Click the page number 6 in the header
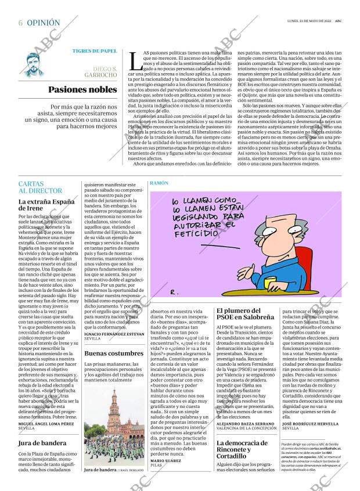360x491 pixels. (x=20, y=23)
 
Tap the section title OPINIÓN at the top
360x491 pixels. (x=44, y=23)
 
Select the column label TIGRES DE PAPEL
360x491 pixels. (x=94, y=50)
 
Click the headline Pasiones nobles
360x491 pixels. (x=82, y=90)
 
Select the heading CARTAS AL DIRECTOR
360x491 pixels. (x=40, y=187)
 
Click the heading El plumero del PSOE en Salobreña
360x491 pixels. (x=244, y=314)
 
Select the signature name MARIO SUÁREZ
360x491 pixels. (x=166, y=460)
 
